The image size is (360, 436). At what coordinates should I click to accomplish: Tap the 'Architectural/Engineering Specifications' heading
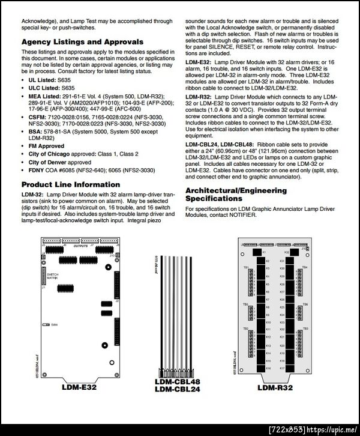pos(236,195)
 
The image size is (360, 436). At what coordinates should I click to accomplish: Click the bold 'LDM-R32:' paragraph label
pos(198,96)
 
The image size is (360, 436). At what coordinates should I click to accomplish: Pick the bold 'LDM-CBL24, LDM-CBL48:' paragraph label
pos(220,145)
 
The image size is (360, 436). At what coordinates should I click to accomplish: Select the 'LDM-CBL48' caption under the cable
pos(177,383)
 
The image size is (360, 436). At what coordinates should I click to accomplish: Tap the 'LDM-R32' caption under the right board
pos(275,387)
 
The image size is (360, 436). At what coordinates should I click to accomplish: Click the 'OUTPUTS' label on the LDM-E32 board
pos(80,245)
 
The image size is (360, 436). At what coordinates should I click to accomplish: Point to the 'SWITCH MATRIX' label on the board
pos(52,275)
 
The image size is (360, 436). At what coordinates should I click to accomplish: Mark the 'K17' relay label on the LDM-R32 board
pos(283,366)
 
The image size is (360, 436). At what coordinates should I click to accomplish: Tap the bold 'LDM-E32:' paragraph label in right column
pos(197,62)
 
